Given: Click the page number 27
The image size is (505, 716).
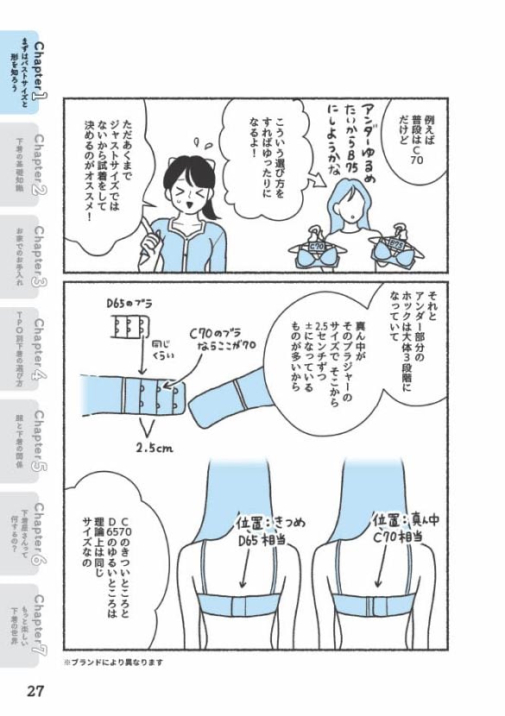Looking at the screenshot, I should point(35,692).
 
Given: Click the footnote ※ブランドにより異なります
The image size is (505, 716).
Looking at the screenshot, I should point(112,663).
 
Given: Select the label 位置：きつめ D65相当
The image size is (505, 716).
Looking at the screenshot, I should point(260,532).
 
